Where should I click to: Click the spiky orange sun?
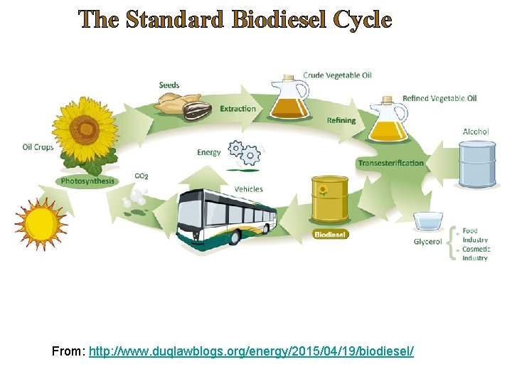click(41, 224)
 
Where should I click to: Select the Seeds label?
click(169, 85)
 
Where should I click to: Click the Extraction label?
click(238, 109)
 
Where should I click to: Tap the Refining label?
click(341, 121)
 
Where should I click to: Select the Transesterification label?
click(390, 163)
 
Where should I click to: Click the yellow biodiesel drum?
click(330, 200)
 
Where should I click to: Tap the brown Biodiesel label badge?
click(331, 234)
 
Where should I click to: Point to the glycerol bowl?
click(429, 220)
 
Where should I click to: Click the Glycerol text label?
click(428, 242)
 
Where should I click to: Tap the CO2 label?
click(142, 176)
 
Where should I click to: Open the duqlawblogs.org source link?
click(251, 352)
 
